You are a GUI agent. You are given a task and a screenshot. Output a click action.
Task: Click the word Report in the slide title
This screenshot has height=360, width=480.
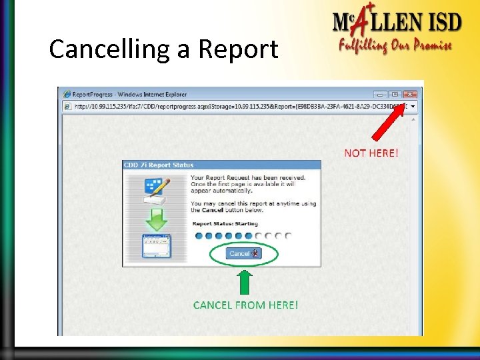(238, 49)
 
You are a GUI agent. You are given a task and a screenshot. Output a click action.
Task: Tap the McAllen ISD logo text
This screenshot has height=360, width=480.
(397, 23)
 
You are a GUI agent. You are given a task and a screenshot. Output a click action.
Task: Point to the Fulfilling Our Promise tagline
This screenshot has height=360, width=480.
(395, 46)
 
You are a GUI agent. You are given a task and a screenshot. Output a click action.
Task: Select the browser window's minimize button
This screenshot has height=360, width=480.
(381, 95)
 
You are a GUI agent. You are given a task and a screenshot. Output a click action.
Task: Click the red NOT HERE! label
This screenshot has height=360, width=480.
(371, 153)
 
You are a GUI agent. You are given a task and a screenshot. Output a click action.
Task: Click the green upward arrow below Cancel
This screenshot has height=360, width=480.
(245, 282)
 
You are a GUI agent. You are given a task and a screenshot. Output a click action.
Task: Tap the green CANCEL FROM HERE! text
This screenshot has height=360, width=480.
(245, 305)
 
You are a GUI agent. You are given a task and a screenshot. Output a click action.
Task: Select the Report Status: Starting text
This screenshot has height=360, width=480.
(224, 223)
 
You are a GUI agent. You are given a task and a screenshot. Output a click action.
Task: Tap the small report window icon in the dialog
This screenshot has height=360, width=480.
(156, 246)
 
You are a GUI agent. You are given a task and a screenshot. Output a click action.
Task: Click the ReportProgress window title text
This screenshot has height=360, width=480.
(129, 95)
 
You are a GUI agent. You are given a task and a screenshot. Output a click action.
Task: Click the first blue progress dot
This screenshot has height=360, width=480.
(198, 235)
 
